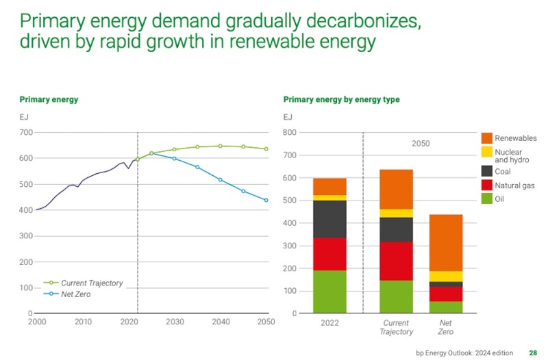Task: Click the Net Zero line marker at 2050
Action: point(266,200)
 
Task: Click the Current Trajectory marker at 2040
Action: point(220,146)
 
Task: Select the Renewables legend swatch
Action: point(487,138)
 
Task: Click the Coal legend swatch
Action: point(487,171)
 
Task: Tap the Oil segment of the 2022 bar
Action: point(329,292)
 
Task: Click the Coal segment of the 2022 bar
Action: point(329,219)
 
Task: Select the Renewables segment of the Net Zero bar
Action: point(446,243)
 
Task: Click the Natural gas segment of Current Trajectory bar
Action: point(397,261)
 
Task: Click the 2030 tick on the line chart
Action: point(175,321)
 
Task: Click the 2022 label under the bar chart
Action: point(329,322)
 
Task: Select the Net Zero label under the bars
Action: point(446,326)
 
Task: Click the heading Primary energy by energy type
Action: point(341,99)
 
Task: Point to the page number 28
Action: point(533,353)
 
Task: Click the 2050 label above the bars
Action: point(421,144)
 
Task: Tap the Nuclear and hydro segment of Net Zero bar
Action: point(446,276)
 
